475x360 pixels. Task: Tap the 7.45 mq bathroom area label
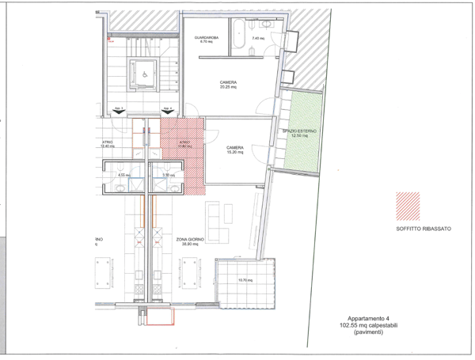[x=257, y=39]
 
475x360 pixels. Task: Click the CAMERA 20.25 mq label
[x=229, y=85]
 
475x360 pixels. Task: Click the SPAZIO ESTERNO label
[x=299, y=133]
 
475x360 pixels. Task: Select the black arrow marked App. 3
[x=118, y=112]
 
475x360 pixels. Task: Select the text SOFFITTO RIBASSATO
[x=424, y=229]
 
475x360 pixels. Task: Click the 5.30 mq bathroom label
[x=167, y=175]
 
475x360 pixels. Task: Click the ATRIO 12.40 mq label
[x=108, y=145]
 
